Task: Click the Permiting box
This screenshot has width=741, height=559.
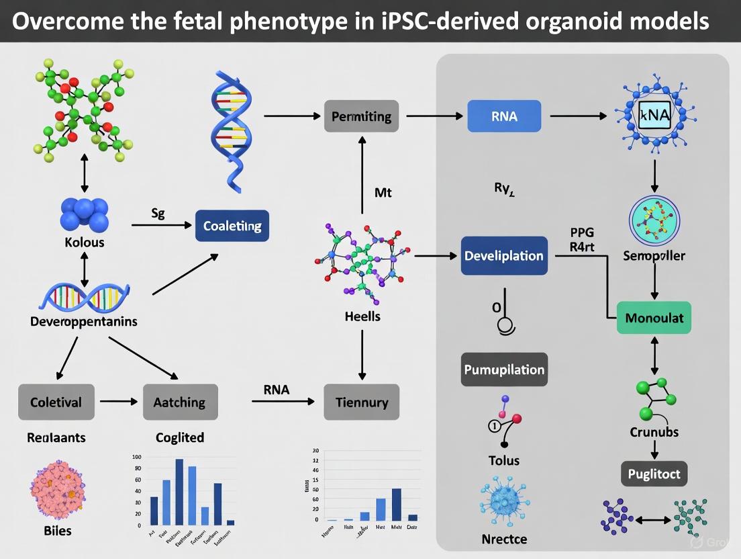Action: pyautogui.click(x=361, y=116)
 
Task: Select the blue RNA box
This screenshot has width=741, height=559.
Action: pyautogui.click(x=504, y=116)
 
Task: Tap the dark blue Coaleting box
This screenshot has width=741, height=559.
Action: pyautogui.click(x=232, y=226)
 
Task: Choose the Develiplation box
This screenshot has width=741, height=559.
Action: pyautogui.click(x=504, y=256)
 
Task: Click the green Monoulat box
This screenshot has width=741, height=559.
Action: pyautogui.click(x=654, y=317)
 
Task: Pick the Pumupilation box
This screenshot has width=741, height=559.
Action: pyautogui.click(x=504, y=370)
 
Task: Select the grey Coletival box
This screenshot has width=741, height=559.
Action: pyautogui.click(x=56, y=402)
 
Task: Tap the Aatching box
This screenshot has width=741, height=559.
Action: pyautogui.click(x=180, y=402)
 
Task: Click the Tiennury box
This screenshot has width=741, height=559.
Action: pyautogui.click(x=361, y=402)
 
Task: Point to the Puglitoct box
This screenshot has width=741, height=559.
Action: pyautogui.click(x=654, y=474)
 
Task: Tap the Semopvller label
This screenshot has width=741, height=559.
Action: pyautogui.click(x=654, y=256)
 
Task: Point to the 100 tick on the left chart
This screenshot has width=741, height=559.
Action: pyautogui.click(x=138, y=457)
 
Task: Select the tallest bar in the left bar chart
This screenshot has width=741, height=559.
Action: pyautogui.click(x=179, y=491)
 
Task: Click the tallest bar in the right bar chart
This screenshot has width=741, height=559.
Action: pyautogui.click(x=396, y=504)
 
